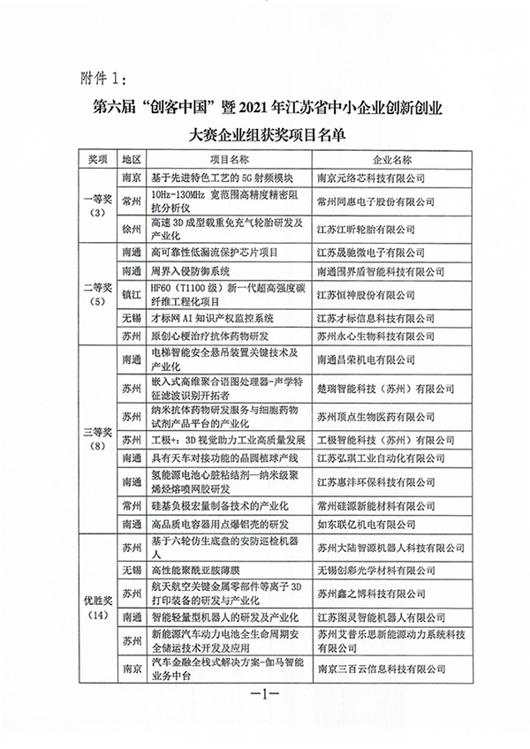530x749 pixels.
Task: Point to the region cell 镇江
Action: point(132,292)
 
